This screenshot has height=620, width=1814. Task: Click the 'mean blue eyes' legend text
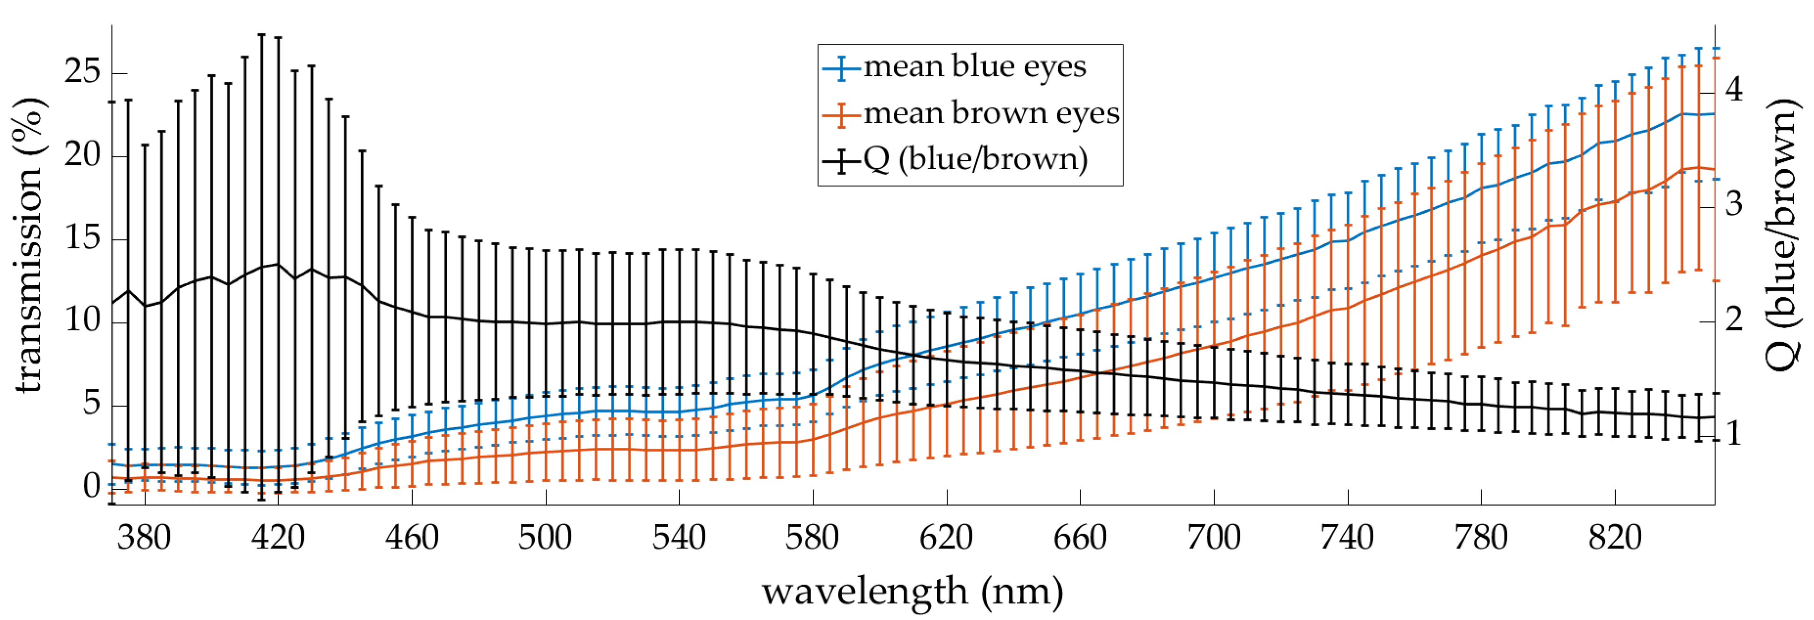975,67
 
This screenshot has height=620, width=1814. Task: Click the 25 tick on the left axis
82,72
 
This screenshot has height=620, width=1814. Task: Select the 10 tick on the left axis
82,321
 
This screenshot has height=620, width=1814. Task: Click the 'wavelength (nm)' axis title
912,592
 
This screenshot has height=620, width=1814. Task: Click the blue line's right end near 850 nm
1713,113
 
